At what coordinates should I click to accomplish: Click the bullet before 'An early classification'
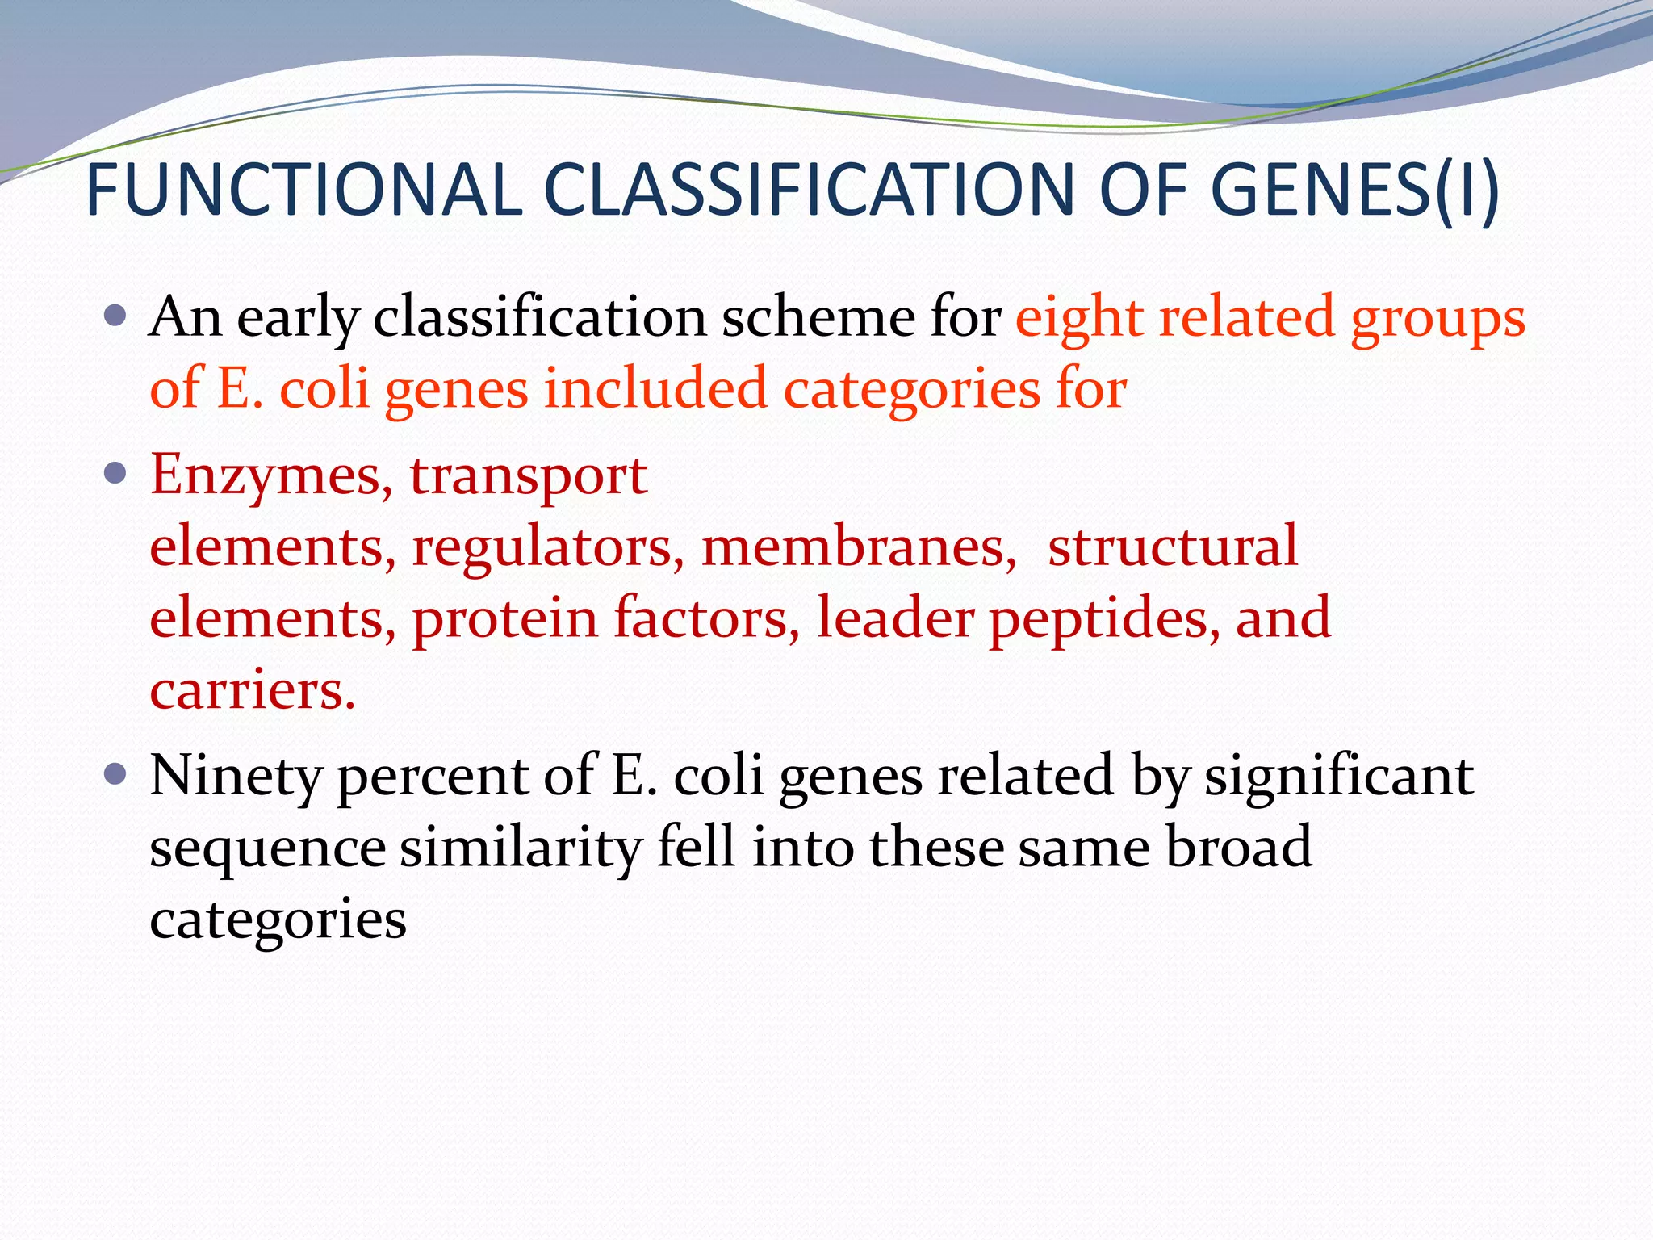click(x=116, y=314)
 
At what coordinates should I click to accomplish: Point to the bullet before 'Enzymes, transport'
click(x=116, y=472)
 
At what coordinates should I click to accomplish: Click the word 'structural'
click(x=1173, y=547)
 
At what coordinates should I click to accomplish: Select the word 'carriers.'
click(x=253, y=691)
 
